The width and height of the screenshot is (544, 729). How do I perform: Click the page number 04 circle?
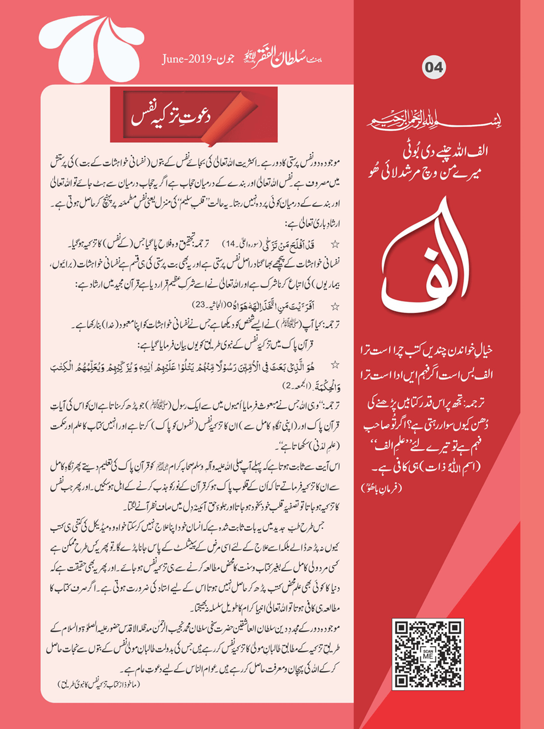(433, 67)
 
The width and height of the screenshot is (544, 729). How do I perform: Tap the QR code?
(427, 654)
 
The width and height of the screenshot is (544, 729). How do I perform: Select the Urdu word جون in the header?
(223, 59)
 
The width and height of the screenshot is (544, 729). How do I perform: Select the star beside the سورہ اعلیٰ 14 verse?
(335, 244)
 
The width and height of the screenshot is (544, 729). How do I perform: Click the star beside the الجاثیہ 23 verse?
(335, 306)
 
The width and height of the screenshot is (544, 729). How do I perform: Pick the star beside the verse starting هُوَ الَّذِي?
(335, 365)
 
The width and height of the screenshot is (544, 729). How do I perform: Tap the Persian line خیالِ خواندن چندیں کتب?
(426, 351)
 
